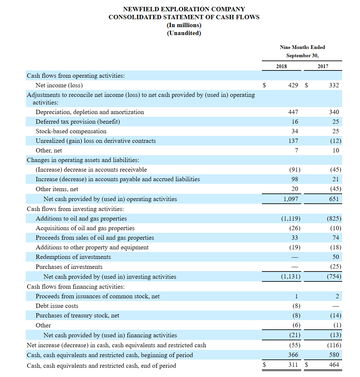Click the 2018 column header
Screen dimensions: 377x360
tap(281, 66)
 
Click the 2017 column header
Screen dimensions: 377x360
tap(323, 66)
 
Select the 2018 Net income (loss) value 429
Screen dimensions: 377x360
tap(293, 85)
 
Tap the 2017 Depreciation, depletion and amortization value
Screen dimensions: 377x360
tap(334, 112)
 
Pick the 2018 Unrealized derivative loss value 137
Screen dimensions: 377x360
tap(293, 141)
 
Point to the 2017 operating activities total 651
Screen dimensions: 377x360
tap(334, 199)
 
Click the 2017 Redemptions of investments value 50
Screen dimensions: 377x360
tap(336, 257)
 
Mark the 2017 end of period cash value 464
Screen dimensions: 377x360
tap(334, 365)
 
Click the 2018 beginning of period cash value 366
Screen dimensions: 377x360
tap(293, 355)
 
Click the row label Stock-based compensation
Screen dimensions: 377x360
tap(71, 131)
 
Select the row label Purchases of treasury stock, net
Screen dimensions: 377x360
tap(77, 315)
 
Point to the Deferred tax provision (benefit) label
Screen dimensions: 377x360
tap(78, 122)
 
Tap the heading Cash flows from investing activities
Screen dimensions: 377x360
tap(75, 209)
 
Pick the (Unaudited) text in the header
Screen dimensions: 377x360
tap(184, 33)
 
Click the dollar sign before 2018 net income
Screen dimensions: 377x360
tap(264, 85)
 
